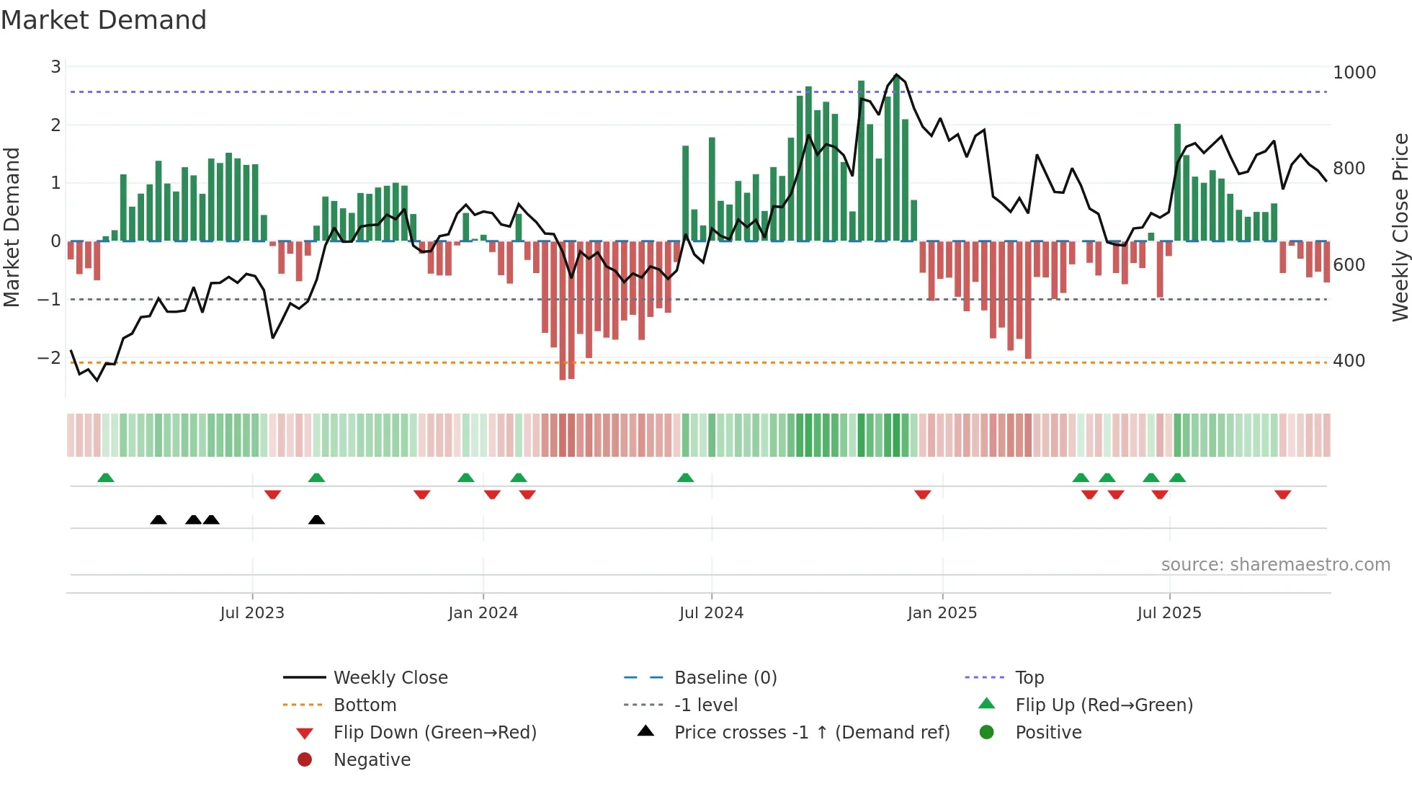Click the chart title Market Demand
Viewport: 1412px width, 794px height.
click(104, 20)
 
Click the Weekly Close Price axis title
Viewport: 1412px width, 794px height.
click(1400, 227)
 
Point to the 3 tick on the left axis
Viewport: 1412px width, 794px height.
click(55, 67)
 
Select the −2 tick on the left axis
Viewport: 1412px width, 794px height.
click(50, 358)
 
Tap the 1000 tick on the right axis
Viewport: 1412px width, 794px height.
click(1354, 73)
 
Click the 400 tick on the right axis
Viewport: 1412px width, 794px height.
click(1349, 361)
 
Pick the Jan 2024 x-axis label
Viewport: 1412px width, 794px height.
click(483, 613)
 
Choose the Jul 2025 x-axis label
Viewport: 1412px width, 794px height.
click(1169, 613)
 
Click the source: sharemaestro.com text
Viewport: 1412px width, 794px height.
click(1275, 565)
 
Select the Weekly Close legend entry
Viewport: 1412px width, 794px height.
click(390, 678)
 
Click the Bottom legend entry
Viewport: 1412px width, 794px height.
click(365, 705)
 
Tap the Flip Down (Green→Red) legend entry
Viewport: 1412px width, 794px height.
click(434, 733)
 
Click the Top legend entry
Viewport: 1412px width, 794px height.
click(1029, 678)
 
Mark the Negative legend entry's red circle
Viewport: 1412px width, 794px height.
click(305, 760)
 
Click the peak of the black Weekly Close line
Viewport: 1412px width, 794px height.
click(896, 75)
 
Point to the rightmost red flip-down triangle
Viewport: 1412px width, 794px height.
click(1282, 494)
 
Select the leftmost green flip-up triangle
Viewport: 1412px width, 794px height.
click(106, 478)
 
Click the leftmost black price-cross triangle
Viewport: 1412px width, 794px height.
click(158, 519)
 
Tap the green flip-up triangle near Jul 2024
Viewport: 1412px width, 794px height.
click(685, 478)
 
